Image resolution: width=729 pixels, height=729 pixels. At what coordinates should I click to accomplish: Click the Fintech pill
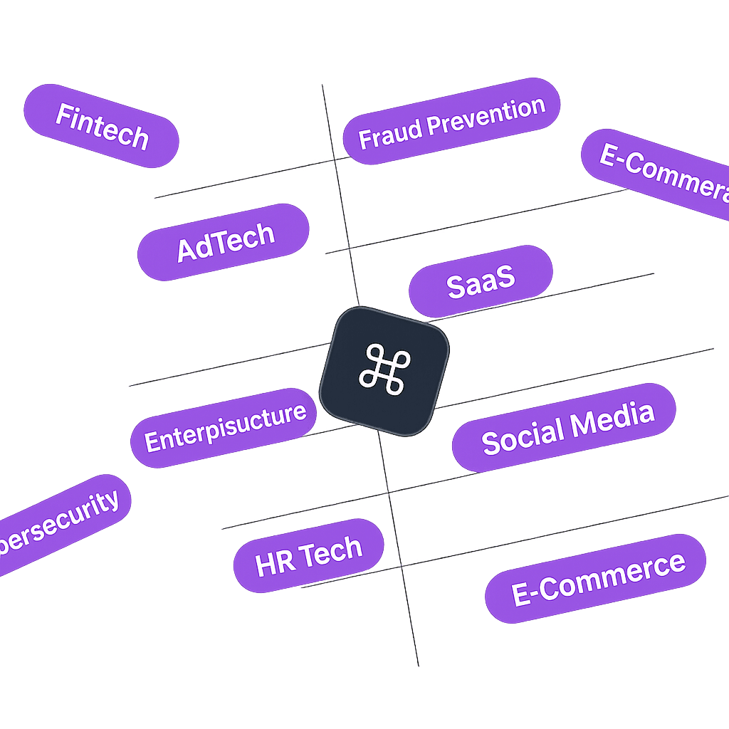(x=102, y=126)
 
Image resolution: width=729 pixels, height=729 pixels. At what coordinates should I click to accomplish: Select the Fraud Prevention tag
(x=451, y=121)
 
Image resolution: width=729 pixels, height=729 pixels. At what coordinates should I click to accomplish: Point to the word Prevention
(x=488, y=115)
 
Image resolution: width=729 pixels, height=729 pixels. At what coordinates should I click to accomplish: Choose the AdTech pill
(x=224, y=241)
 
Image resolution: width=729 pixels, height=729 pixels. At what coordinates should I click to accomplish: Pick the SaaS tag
(x=480, y=281)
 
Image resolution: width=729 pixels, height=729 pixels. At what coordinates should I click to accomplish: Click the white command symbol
(x=384, y=370)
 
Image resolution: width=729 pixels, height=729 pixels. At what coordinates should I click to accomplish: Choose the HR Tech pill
(x=308, y=556)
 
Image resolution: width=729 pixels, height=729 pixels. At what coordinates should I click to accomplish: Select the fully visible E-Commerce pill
(x=597, y=579)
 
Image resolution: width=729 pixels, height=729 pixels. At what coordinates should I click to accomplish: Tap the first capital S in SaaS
(x=456, y=286)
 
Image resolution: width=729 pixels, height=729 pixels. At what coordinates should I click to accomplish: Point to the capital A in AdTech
(x=187, y=251)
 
